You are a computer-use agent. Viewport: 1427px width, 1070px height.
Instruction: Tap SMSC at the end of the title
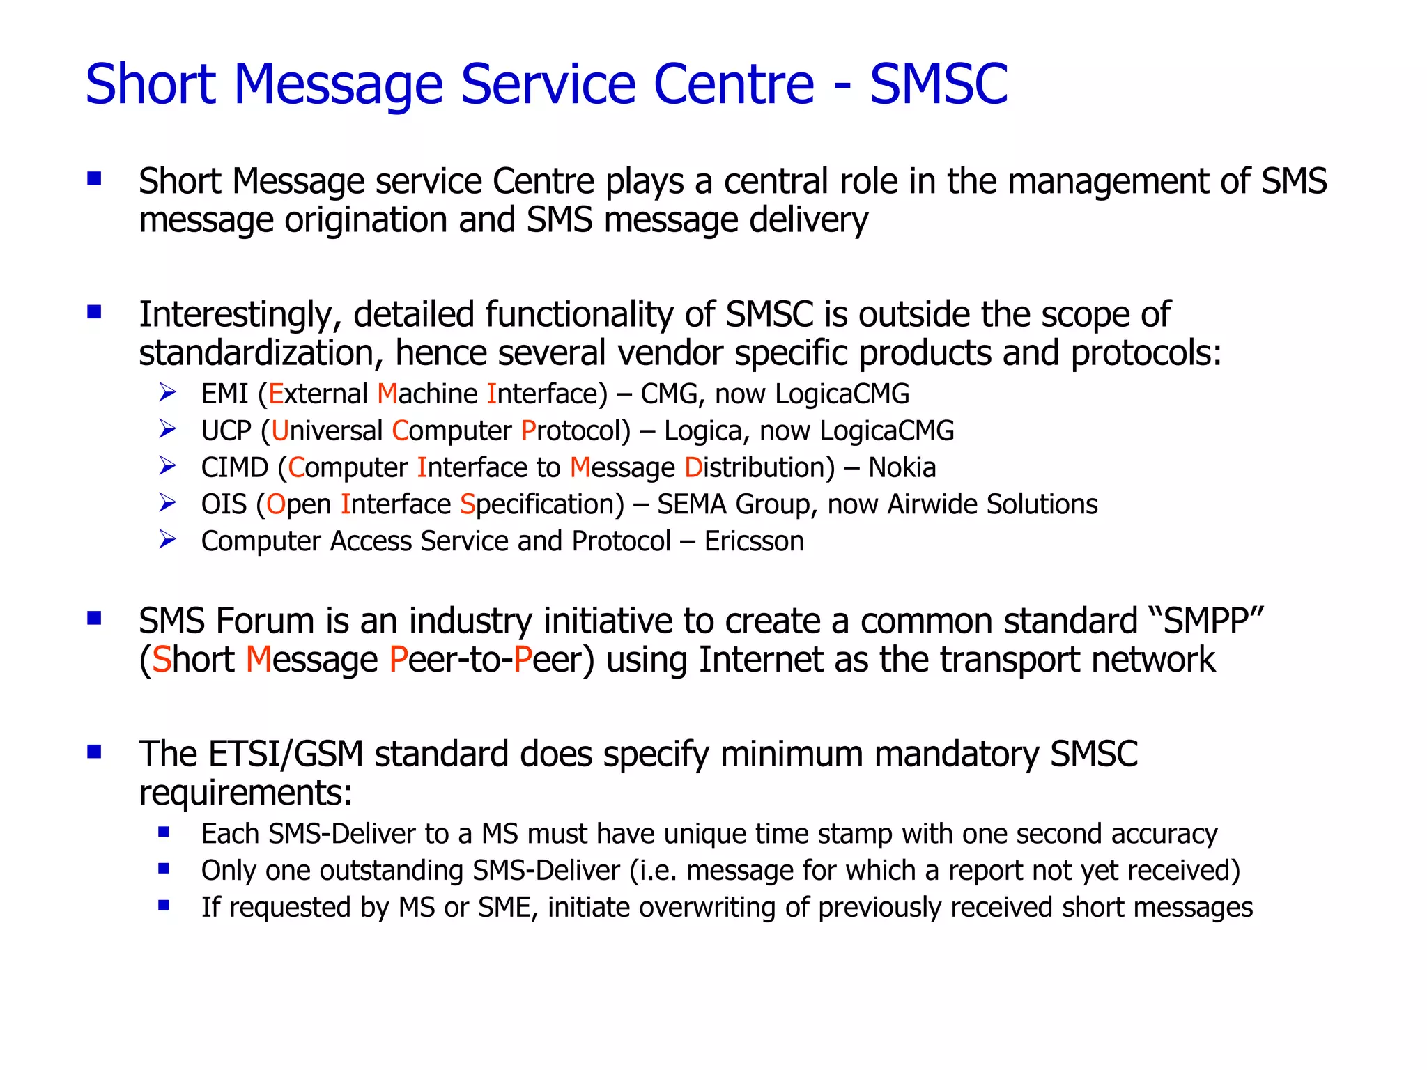pos(939,84)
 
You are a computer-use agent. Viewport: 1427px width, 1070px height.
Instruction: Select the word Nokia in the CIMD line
pos(902,467)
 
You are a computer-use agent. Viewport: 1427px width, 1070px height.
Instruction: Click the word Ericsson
pos(754,541)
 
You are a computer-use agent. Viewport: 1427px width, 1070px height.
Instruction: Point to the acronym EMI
pos(224,394)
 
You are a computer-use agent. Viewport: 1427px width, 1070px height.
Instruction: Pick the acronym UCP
pos(226,431)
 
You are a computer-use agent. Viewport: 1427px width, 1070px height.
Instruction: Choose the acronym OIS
pos(224,504)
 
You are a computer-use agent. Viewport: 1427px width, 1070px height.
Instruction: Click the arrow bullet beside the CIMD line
pos(167,465)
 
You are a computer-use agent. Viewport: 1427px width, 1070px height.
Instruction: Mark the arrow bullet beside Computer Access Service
pos(167,539)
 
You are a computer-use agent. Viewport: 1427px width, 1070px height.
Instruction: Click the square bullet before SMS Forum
pos(94,618)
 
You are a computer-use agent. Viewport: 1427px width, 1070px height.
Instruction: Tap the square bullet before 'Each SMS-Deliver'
pos(164,831)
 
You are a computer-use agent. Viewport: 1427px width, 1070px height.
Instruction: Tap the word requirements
pos(245,793)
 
